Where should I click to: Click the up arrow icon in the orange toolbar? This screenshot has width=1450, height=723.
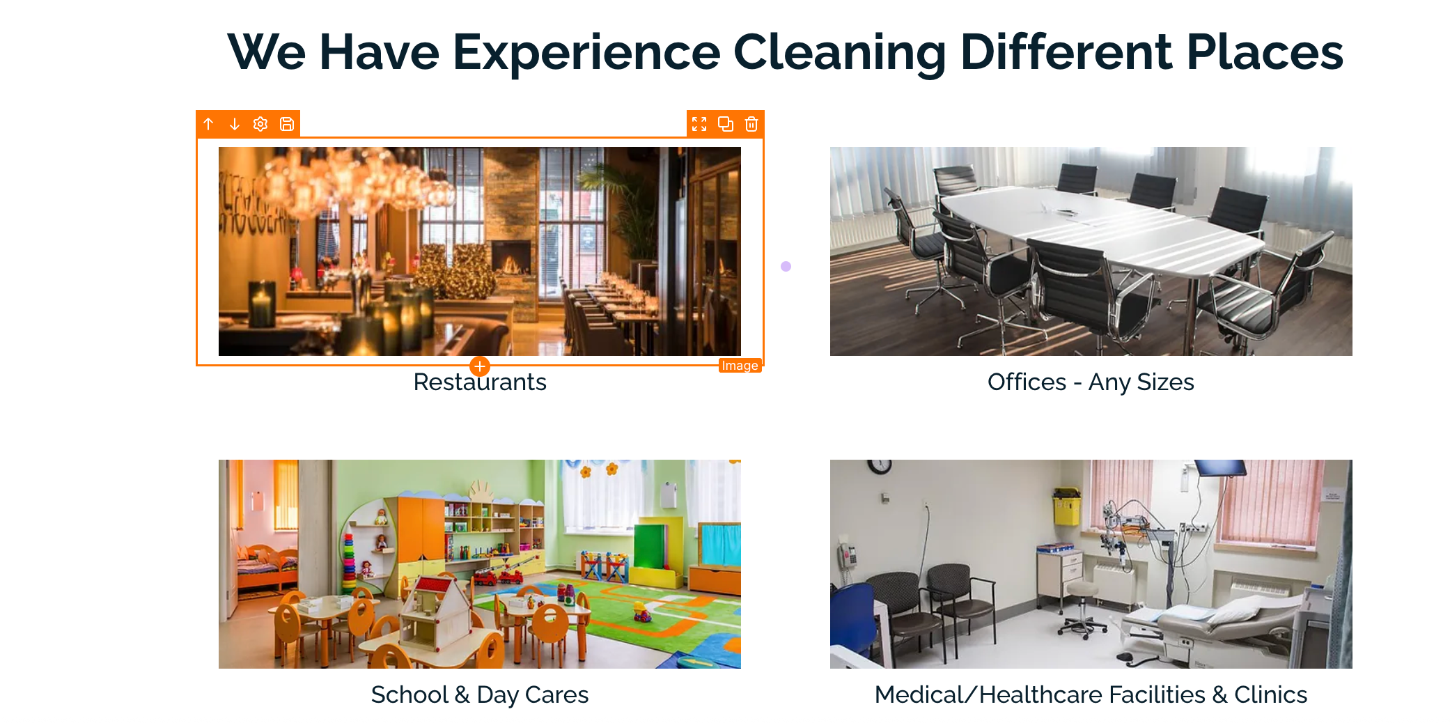[x=208, y=124]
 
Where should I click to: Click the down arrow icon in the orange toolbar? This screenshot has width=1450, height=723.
[x=235, y=124]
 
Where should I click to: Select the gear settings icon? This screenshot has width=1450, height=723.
[x=260, y=124]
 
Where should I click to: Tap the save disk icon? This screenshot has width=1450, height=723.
[x=287, y=124]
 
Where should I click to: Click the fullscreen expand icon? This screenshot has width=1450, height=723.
[x=699, y=124]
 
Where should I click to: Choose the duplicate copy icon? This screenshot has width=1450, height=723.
[x=726, y=124]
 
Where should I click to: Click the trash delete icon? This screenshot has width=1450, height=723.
[x=751, y=124]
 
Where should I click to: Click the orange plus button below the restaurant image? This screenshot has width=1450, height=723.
[x=480, y=366]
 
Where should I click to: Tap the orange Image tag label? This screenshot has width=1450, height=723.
[x=740, y=366]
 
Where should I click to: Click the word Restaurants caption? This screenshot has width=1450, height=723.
[x=480, y=382]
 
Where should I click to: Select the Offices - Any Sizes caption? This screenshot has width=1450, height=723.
[x=1091, y=382]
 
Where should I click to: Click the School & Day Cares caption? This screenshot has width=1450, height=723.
[x=480, y=694]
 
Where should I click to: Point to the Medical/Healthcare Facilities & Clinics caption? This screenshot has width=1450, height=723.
[x=1091, y=694]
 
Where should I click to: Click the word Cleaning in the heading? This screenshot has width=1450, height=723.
[x=840, y=52]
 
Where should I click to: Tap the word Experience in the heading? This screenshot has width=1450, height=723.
[x=586, y=52]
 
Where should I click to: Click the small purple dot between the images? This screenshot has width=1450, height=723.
[x=786, y=266]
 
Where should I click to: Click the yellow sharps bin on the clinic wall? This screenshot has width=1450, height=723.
[x=1066, y=506]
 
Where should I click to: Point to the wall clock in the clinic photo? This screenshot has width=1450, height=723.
[x=880, y=467]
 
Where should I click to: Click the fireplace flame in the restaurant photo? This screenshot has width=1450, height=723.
[x=512, y=264]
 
